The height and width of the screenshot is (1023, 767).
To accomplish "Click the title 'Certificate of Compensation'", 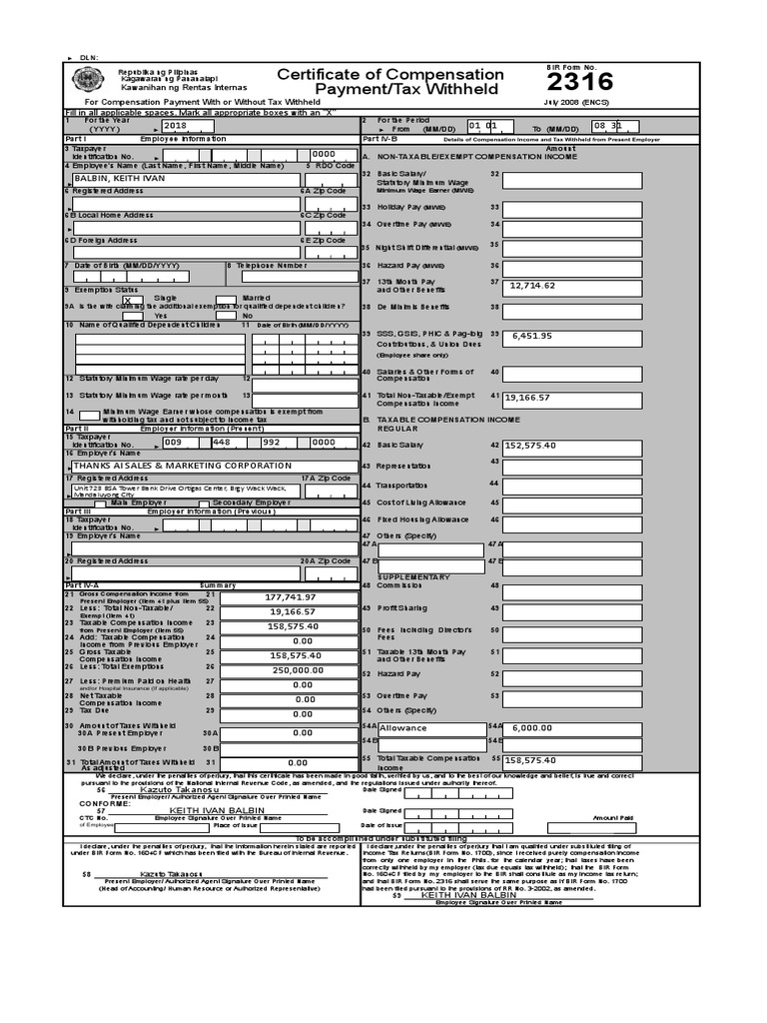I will coord(390,75).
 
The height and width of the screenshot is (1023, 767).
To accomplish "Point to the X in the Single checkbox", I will coord(126,300).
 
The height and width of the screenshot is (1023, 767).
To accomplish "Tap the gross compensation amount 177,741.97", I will coord(290,596).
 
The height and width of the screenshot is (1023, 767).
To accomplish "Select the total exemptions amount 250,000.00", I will coord(290,670).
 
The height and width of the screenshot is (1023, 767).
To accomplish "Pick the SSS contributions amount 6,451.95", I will coord(531,336).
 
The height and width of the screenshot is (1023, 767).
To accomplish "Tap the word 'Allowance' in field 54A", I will coord(402,728).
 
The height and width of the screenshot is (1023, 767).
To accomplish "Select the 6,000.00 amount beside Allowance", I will coord(531,728).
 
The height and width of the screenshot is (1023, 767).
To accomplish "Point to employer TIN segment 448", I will coord(222,442).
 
